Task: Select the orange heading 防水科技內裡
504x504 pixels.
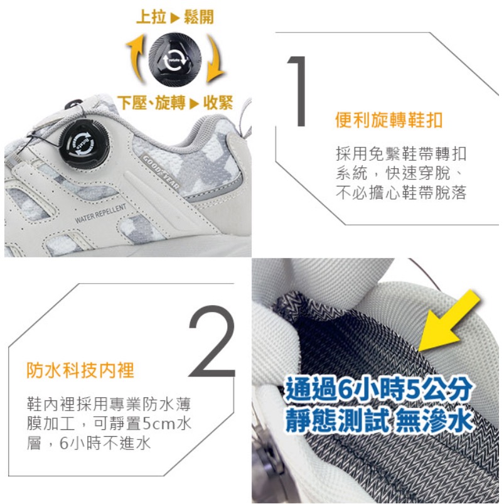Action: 80,370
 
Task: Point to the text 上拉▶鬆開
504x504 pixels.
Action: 174,17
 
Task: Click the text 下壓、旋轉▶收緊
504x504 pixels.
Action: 175,103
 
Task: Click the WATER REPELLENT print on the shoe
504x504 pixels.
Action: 100,213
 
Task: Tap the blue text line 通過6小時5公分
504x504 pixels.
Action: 378,390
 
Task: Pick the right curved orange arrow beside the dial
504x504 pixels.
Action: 215,63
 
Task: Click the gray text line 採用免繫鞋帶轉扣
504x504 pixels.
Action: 401,154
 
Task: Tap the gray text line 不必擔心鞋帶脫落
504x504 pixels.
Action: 401,193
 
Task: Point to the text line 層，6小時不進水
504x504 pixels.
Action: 88,442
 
